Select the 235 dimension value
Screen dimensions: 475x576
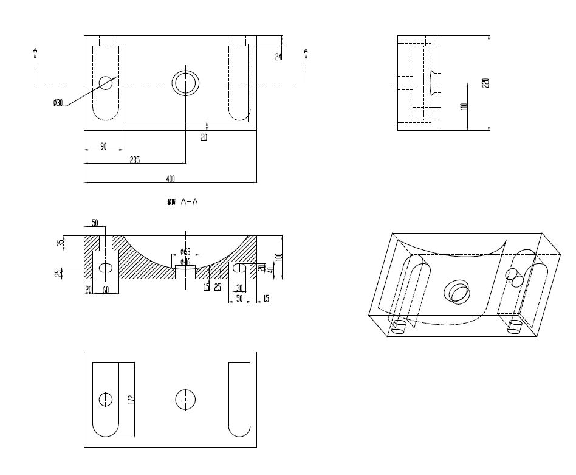[135, 160]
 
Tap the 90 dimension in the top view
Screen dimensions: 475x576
[103, 146]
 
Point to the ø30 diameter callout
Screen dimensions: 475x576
[58, 103]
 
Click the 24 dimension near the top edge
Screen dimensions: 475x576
[278, 57]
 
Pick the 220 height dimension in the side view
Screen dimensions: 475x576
[485, 82]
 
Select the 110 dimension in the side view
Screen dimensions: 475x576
[464, 106]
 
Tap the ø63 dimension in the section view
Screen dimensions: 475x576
[186, 252]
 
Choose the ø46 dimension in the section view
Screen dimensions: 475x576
[185, 262]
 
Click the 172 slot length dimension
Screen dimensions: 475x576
[131, 400]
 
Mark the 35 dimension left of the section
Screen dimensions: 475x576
[61, 242]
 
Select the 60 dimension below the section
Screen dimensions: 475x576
[106, 290]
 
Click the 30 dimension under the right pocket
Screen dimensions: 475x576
[239, 288]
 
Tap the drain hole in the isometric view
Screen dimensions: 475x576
[456, 292]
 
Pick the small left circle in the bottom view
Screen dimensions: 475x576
[106, 400]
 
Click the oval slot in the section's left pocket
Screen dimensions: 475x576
[106, 268]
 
